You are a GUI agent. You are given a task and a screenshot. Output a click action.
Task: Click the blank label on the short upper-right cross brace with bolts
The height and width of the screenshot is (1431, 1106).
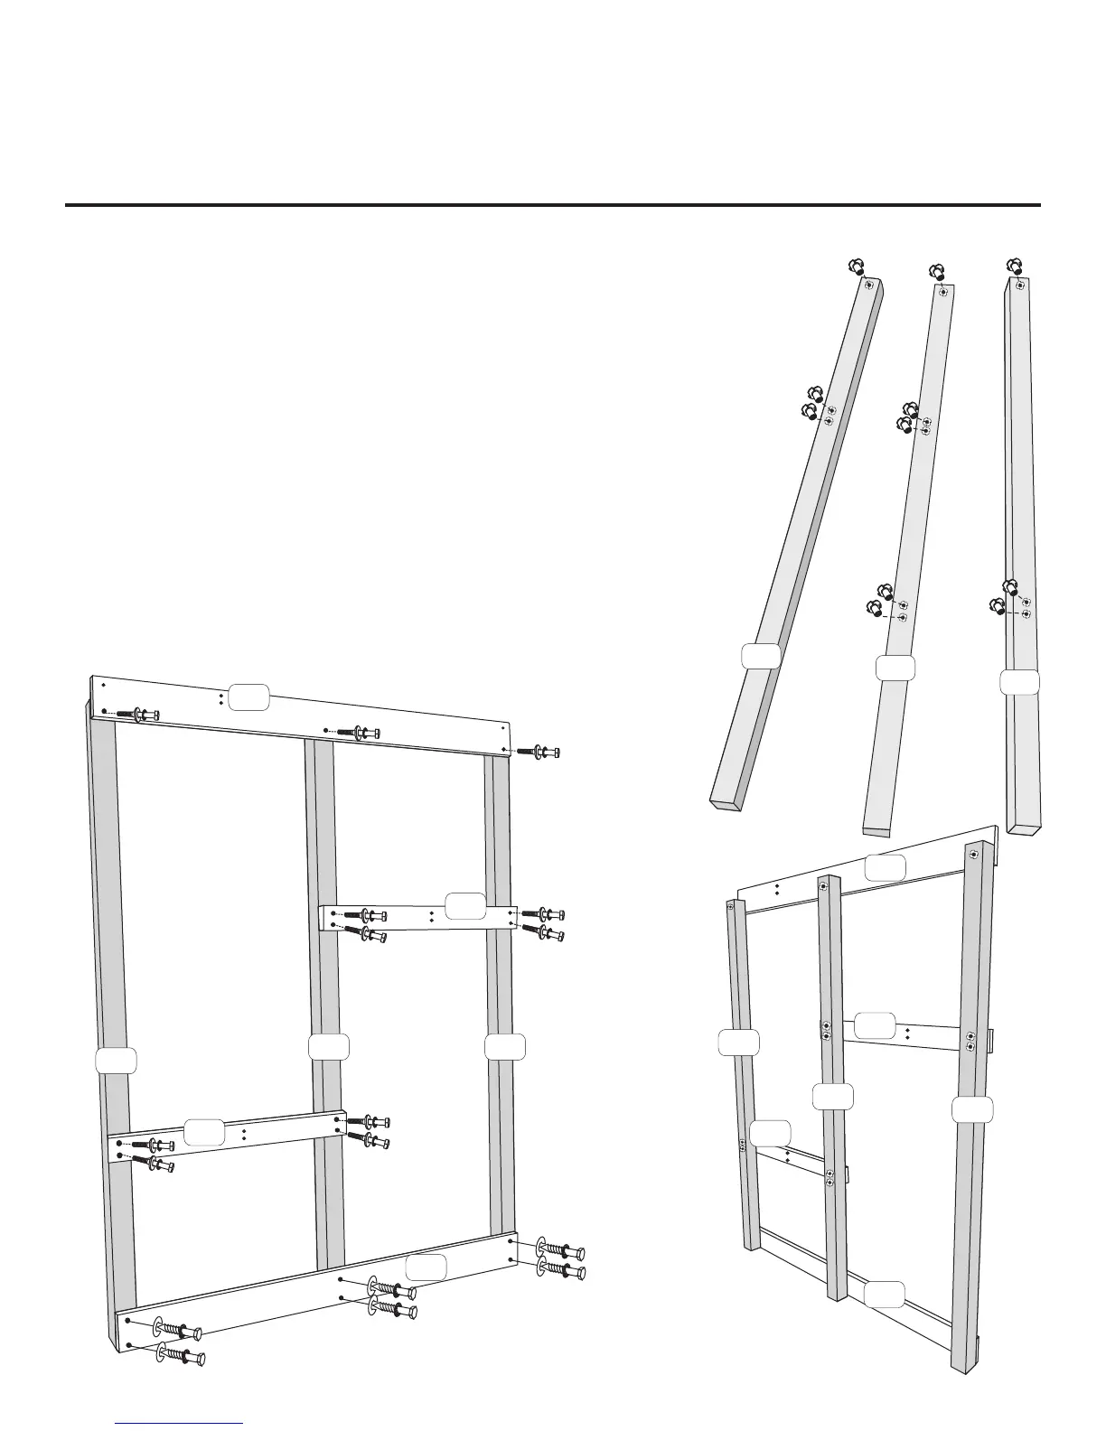click(x=466, y=905)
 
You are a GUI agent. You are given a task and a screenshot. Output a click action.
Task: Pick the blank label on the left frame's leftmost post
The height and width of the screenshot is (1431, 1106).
click(x=117, y=1061)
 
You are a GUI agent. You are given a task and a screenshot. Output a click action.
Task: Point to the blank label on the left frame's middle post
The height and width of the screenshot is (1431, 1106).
click(x=328, y=1047)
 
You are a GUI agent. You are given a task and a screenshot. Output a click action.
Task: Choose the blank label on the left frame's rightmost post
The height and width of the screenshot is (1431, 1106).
click(x=505, y=1047)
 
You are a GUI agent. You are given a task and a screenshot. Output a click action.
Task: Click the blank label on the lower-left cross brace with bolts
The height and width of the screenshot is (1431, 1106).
click(x=204, y=1132)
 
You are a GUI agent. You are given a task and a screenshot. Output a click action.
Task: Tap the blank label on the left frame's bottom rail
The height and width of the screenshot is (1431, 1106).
click(x=426, y=1267)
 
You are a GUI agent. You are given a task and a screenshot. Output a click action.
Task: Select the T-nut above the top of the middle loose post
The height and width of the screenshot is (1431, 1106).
click(x=937, y=271)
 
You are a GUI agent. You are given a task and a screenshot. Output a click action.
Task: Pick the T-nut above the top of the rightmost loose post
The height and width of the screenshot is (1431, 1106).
click(x=1015, y=266)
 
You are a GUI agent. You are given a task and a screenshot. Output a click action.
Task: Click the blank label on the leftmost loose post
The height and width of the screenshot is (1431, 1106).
click(x=760, y=656)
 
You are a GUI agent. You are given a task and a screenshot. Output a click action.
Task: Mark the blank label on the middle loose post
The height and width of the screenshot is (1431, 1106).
click(x=896, y=669)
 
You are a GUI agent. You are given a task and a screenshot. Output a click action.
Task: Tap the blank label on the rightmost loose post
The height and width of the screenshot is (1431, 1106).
click(x=1019, y=683)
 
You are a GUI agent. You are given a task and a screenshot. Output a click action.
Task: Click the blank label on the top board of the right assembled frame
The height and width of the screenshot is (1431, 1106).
click(x=886, y=867)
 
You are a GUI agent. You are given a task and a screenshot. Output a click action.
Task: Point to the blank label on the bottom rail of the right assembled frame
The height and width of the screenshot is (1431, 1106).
click(x=884, y=1295)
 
